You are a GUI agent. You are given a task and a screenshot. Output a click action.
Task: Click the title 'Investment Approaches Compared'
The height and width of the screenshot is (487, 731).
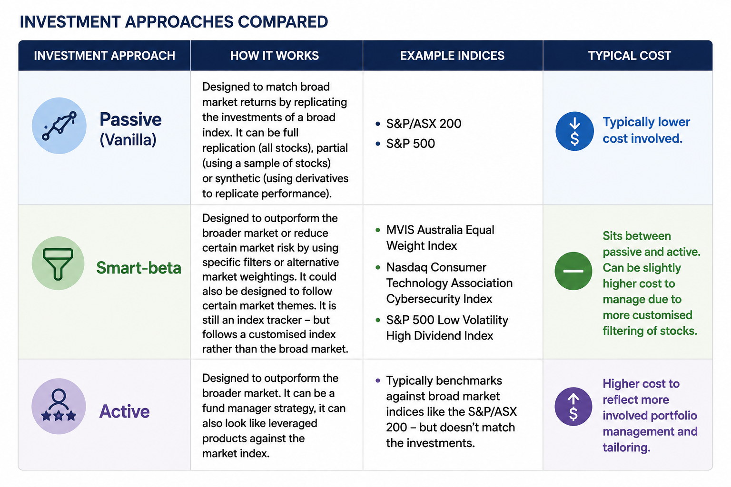click(x=174, y=22)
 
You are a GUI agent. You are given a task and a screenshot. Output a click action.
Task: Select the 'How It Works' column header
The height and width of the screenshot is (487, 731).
click(x=275, y=56)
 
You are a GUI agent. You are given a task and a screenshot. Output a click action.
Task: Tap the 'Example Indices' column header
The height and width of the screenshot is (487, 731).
click(x=452, y=56)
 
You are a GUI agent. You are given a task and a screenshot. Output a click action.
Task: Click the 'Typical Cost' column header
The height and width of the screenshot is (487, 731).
click(x=630, y=56)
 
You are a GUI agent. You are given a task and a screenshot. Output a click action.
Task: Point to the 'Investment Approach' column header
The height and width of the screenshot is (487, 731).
click(x=104, y=56)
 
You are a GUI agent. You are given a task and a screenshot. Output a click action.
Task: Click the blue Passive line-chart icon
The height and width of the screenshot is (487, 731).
click(x=59, y=126)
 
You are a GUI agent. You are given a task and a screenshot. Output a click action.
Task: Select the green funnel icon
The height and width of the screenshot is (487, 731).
click(x=58, y=263)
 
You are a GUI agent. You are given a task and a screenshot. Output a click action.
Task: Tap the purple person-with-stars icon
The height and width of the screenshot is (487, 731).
click(x=59, y=406)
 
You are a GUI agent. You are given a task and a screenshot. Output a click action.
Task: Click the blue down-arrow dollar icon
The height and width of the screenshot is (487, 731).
click(x=575, y=131)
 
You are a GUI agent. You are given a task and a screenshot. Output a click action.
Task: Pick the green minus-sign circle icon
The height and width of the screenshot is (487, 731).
click(x=573, y=271)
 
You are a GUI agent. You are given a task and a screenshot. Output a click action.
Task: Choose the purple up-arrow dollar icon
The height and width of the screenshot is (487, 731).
click(x=573, y=407)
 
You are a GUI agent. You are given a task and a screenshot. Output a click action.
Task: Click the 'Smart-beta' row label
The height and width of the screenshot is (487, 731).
click(x=138, y=268)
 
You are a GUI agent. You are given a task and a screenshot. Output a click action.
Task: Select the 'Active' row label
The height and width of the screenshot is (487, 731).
click(x=124, y=411)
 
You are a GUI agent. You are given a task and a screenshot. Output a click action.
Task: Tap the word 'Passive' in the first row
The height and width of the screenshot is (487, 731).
click(x=130, y=119)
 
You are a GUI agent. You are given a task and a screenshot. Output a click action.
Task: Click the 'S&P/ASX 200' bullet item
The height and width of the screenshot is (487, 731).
click(x=424, y=124)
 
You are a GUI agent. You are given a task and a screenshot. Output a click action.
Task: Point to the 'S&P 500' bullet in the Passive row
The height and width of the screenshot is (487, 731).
click(x=411, y=144)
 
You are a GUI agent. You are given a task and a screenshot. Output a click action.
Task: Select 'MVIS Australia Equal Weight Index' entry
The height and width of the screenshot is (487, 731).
click(x=440, y=238)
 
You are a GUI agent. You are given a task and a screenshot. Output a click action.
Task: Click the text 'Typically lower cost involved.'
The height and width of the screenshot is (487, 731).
click(x=646, y=130)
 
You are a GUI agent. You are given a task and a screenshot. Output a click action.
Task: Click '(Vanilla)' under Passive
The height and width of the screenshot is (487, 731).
click(x=128, y=140)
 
